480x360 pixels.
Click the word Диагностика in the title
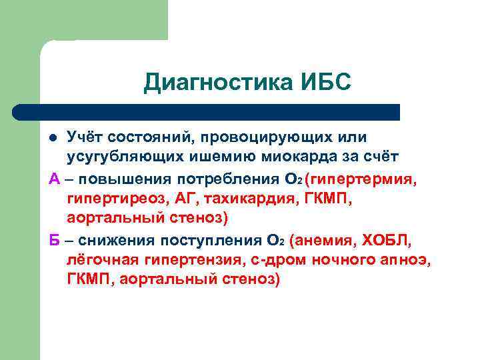[215, 83]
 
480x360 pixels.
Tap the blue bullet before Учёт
[56, 138]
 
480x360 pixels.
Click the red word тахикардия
[245, 198]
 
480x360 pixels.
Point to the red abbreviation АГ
[185, 198]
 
